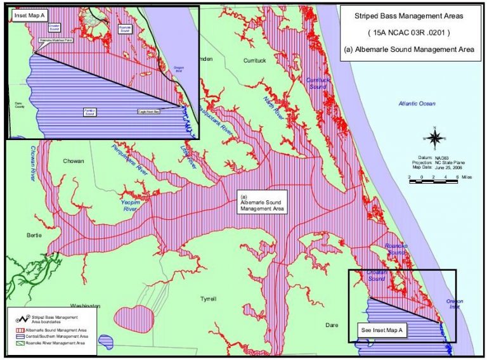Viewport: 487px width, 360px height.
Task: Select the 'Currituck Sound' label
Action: click(318, 84)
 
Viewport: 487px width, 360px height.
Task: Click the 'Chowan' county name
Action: click(74, 161)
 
